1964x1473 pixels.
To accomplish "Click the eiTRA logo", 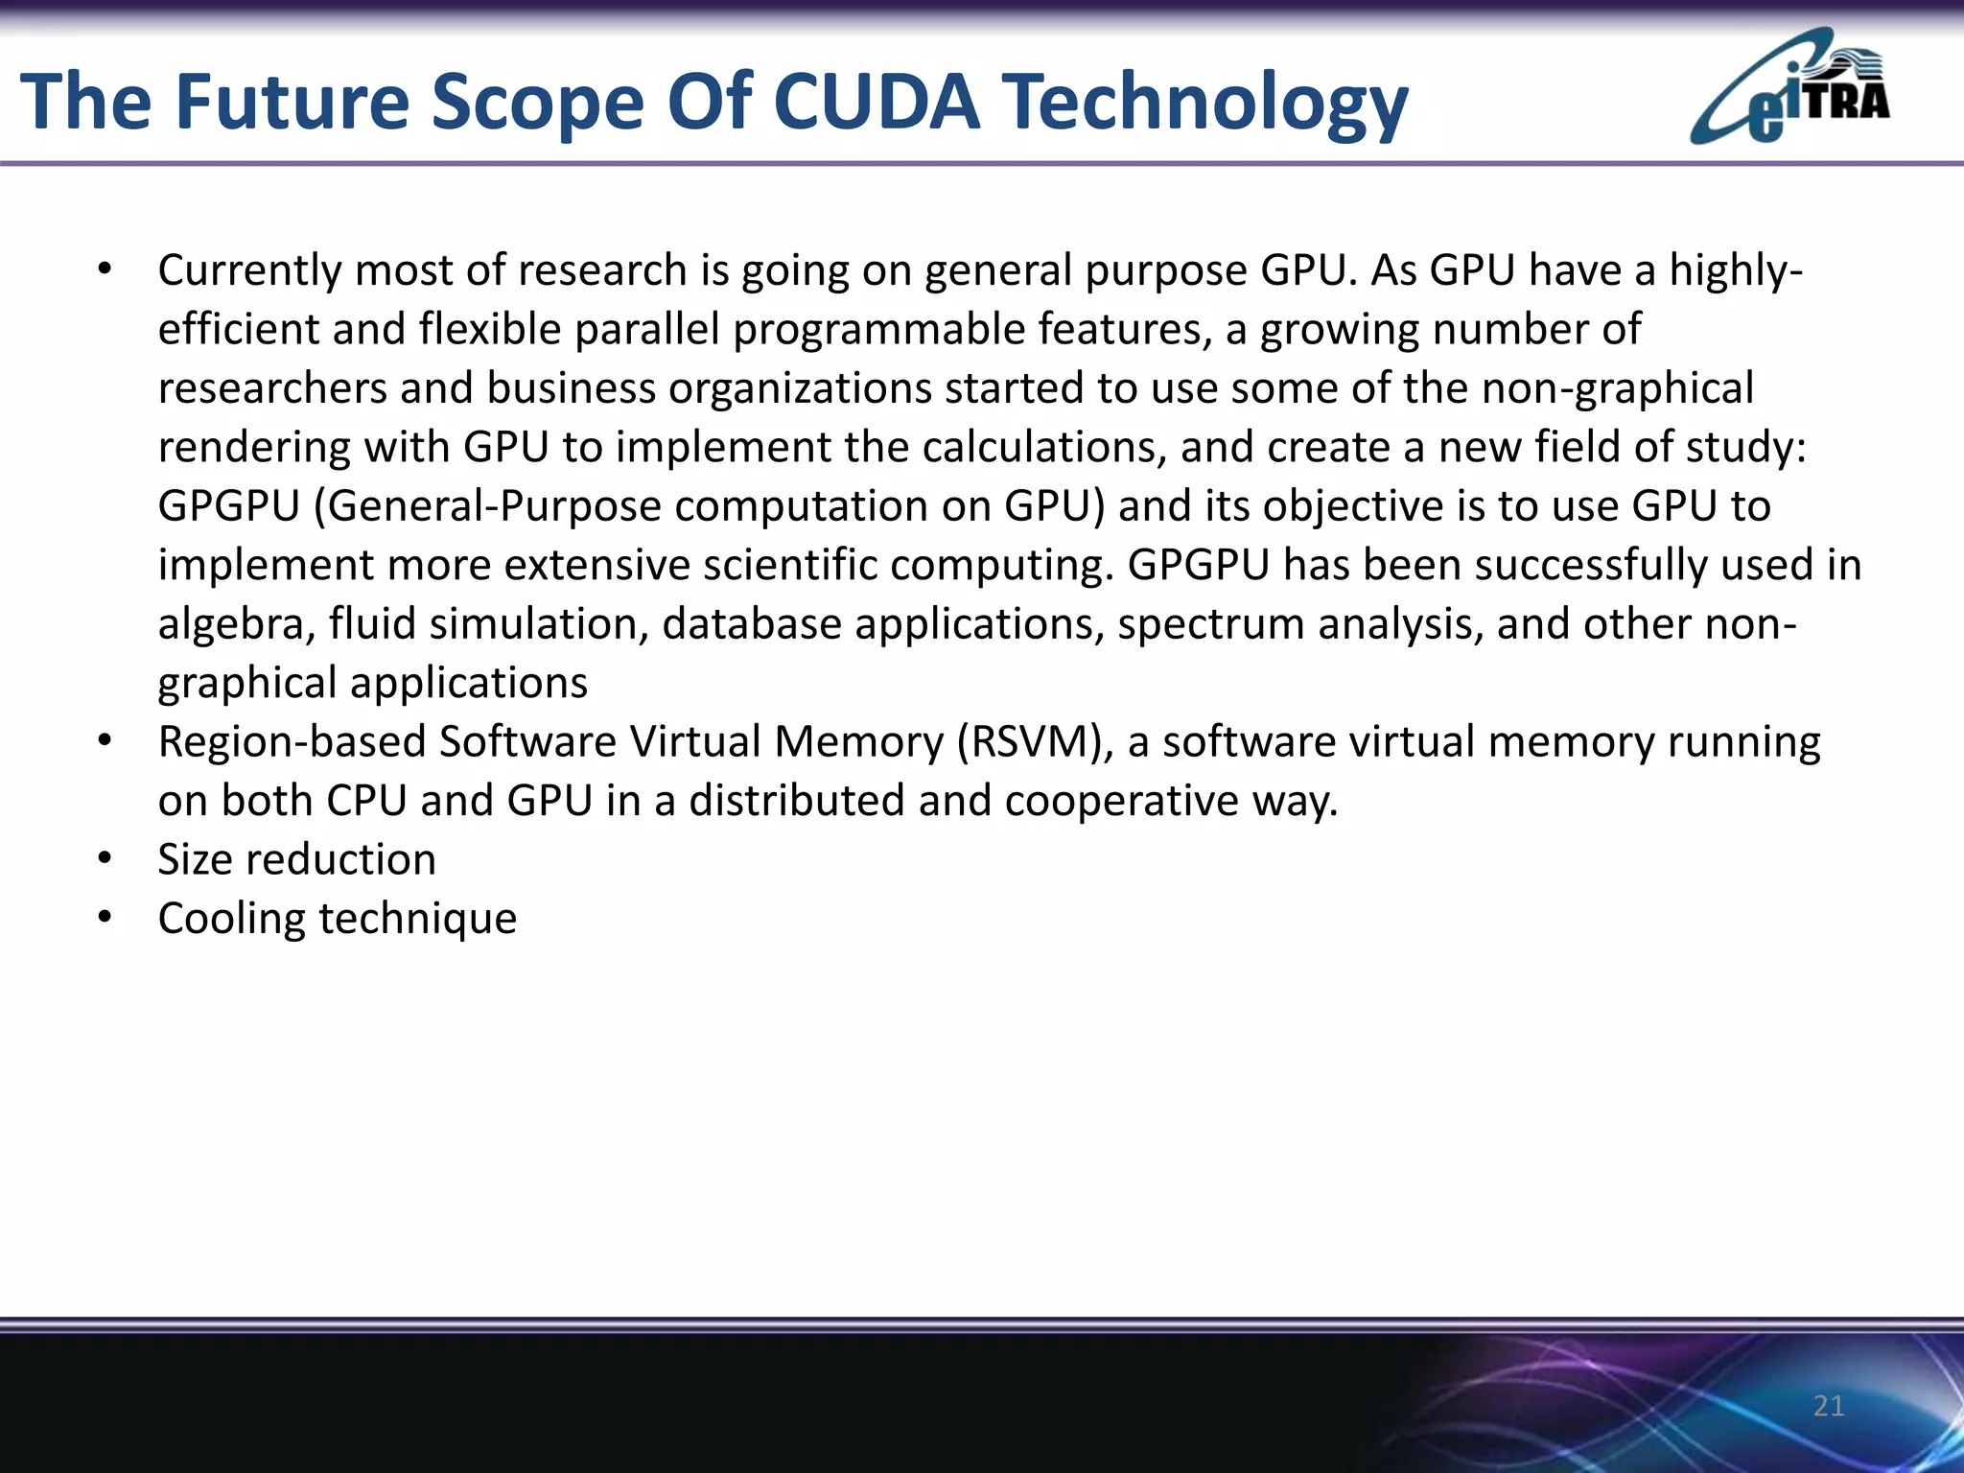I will coord(1789,88).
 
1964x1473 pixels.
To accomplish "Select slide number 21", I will coord(1829,1406).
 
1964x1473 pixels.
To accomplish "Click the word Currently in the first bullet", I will coord(249,271).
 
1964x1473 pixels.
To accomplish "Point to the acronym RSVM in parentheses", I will coord(1035,742).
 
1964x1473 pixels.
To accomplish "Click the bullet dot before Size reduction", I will coord(105,858).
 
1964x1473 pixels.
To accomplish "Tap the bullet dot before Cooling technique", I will coord(105,918).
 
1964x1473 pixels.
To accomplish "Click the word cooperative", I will coord(1121,802).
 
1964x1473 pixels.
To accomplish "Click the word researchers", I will coord(271,389).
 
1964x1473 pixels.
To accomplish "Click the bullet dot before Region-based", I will coord(105,741).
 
